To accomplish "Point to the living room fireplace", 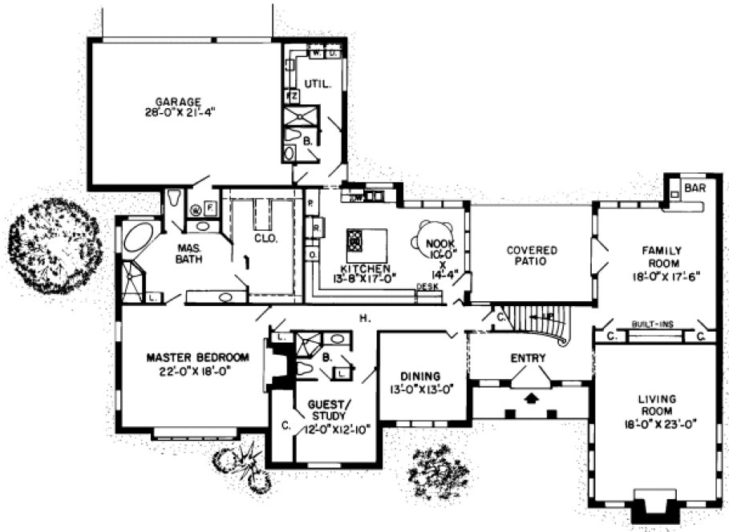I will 652,505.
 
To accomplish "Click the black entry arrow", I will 529,396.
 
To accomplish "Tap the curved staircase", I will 541,324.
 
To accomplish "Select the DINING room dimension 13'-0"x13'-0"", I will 421,390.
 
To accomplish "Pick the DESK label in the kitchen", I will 425,287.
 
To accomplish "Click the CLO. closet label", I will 265,238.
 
